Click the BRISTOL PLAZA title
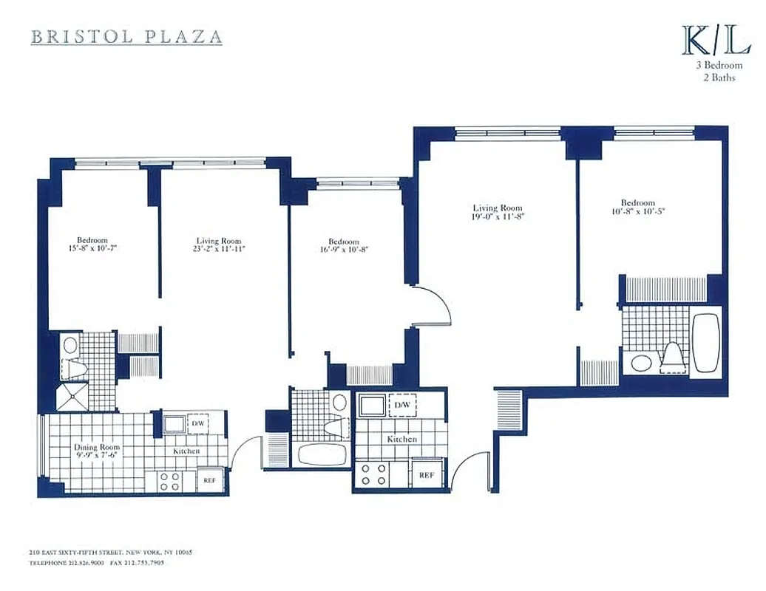tap(126, 36)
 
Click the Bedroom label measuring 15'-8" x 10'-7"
tap(92, 240)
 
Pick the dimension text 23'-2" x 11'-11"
tap(220, 250)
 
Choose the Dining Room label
tap(96, 448)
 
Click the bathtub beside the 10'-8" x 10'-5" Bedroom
tap(708, 343)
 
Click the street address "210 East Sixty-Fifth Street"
tap(74, 552)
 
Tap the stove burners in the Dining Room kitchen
tap(169, 482)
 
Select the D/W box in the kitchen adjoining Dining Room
tap(197, 424)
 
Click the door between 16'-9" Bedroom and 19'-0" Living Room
tap(433, 303)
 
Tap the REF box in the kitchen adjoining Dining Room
tap(209, 481)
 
